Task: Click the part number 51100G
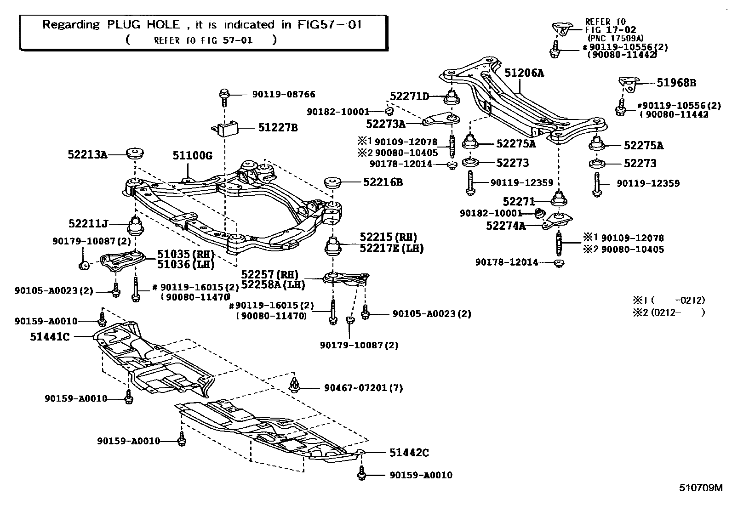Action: click(x=192, y=156)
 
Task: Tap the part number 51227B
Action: click(x=277, y=127)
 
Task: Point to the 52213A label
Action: click(x=87, y=155)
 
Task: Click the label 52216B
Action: click(x=383, y=182)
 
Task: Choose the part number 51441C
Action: click(x=50, y=336)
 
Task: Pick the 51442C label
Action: click(x=409, y=453)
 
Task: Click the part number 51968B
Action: click(x=676, y=83)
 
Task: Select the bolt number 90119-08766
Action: click(x=283, y=94)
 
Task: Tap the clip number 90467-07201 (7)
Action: click(x=363, y=388)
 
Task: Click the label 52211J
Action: click(x=88, y=224)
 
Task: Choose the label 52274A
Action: click(x=505, y=226)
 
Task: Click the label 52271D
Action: click(x=409, y=96)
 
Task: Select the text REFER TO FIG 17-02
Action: click(x=605, y=26)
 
